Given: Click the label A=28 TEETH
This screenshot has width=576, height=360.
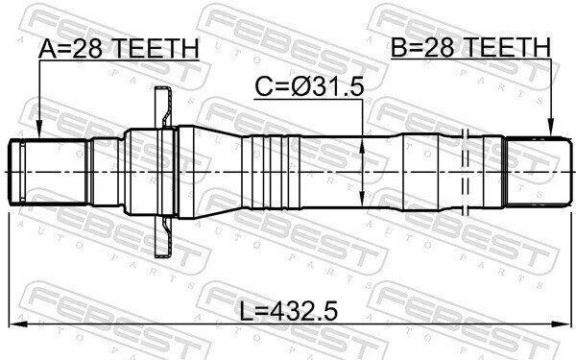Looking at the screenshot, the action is point(118,48).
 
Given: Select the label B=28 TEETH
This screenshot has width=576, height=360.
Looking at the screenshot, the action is point(471,47).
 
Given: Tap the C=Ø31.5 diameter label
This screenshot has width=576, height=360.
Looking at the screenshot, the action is point(309,87).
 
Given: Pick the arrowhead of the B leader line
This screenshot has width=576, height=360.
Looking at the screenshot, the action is point(551,127).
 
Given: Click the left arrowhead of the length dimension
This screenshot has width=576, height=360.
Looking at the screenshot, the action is point(18,324).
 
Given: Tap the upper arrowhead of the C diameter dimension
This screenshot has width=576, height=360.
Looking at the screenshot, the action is point(362,147).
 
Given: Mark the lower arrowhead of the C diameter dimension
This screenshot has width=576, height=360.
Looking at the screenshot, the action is point(362,199).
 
